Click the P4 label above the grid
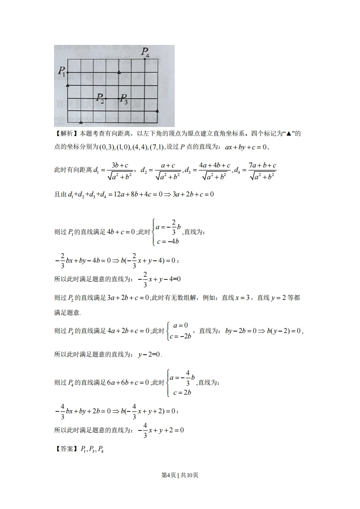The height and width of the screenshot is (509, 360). [145, 52]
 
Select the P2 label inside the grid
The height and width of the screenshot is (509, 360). [100, 98]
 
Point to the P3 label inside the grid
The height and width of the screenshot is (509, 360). [124, 99]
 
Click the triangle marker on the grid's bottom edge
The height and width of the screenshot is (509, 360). [81, 122]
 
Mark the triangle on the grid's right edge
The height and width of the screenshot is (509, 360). [157, 110]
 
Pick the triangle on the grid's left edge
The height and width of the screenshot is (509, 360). [68, 85]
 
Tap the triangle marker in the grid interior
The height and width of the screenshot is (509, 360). [119, 72]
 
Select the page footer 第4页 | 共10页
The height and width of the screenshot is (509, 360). [180, 475]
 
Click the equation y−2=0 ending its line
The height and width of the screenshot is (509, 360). [149, 354]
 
